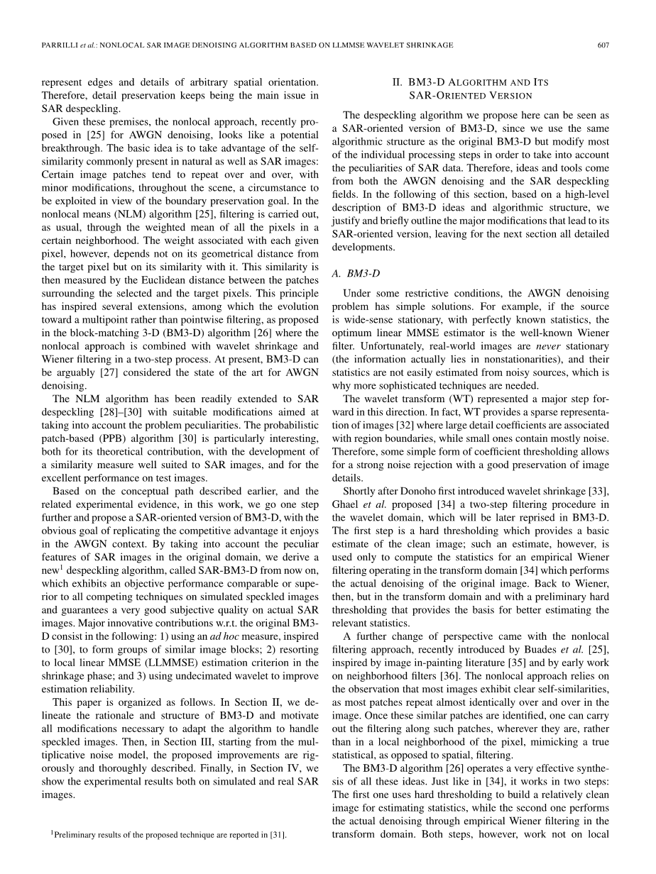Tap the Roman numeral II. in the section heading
pos(398,82)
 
